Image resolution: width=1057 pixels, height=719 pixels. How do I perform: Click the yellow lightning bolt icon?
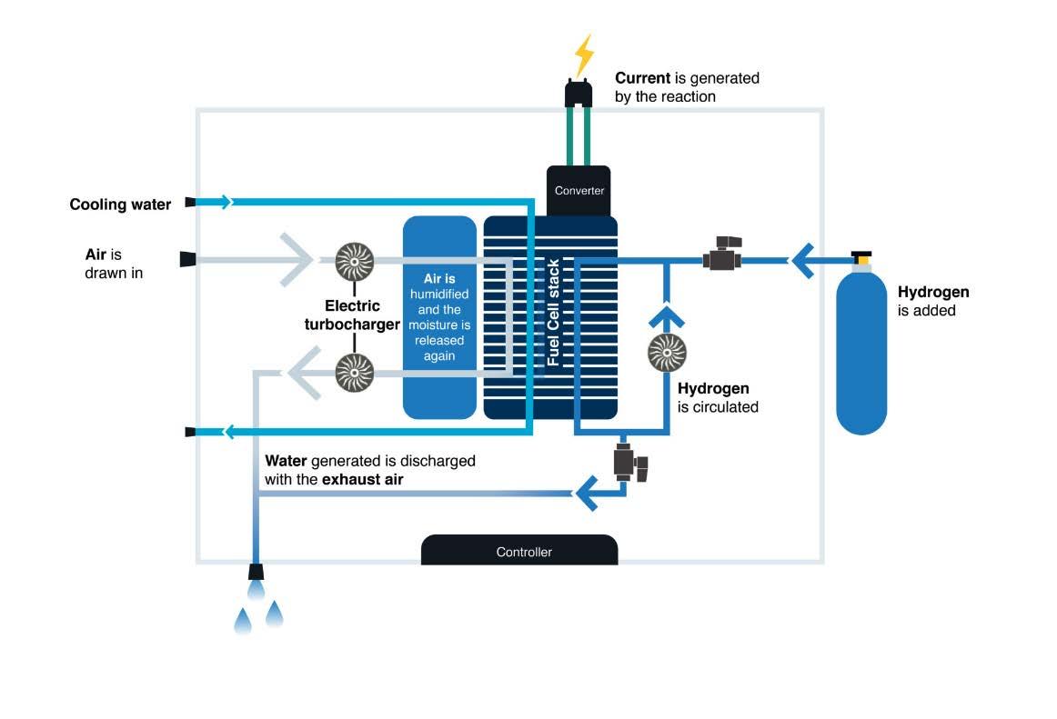583,55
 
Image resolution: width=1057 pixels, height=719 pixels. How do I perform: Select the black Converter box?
579,190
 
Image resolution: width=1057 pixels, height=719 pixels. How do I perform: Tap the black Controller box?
519,550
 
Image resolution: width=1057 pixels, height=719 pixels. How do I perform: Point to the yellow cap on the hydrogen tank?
861,259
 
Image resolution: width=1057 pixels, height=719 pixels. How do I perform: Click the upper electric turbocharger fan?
354,261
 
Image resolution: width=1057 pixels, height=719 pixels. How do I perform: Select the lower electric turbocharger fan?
354,372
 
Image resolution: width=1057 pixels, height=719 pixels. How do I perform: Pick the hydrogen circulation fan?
667,354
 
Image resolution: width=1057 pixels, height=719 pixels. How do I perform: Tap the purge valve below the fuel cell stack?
629,462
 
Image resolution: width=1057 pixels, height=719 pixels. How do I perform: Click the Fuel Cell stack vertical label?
552,313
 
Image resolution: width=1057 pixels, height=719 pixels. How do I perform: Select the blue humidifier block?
439,317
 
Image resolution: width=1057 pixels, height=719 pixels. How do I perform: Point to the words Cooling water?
120,205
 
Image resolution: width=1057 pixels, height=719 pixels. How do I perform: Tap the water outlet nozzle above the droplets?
257,571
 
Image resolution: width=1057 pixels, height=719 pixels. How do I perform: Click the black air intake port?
189,260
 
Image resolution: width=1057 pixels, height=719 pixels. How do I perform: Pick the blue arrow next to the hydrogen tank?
804,260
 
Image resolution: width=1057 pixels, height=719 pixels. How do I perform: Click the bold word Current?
643,78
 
